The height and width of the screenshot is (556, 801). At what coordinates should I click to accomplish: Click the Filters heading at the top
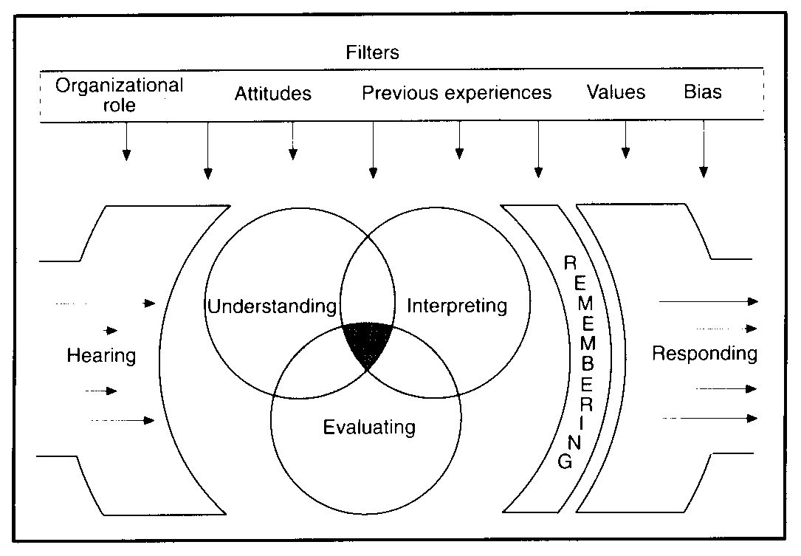pos(372,53)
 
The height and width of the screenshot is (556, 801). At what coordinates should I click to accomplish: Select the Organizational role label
pos(119,94)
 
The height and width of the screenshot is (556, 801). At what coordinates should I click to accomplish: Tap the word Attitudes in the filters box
pos(273,94)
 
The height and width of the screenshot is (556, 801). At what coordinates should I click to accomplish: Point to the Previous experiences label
pos(456,93)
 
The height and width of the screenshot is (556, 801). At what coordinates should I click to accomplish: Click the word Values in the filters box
pos(616,92)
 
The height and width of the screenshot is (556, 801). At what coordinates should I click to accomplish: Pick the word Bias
pos(702,93)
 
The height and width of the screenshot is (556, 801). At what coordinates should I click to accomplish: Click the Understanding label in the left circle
pos(272,306)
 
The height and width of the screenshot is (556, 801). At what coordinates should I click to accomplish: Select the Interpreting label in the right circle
pos(458,305)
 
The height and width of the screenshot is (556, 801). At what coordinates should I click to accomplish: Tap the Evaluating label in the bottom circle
pos(369,426)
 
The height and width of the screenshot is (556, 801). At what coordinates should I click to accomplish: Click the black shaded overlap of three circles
pos(368,341)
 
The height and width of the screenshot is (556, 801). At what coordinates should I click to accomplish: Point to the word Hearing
pos(102,355)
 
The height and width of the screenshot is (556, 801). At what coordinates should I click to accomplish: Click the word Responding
pos(704,354)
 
